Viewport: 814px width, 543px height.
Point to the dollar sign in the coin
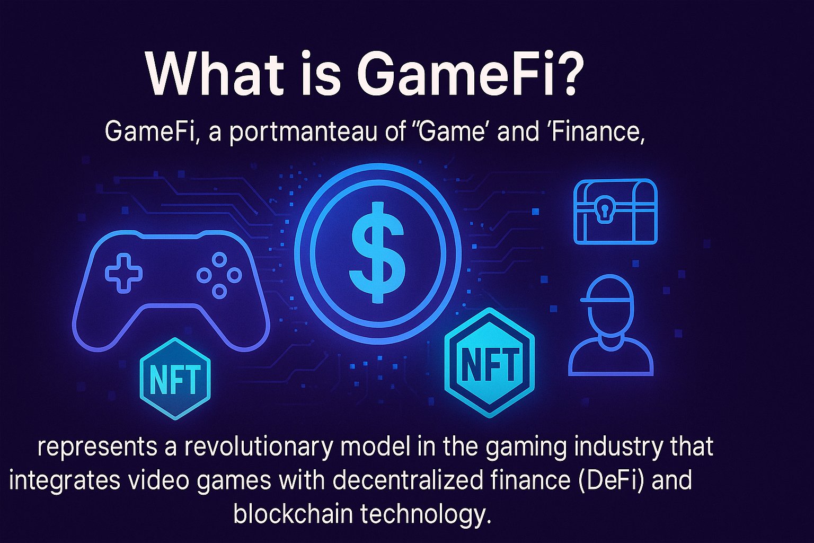pos(377,252)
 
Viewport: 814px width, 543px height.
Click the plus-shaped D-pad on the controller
pos(124,274)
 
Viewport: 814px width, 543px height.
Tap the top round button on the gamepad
pos(219,260)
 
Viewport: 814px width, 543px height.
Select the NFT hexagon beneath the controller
pos(175,379)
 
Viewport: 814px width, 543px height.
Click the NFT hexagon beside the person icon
pos(490,363)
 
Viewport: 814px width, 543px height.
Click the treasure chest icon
pos(615,212)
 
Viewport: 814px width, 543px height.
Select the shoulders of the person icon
pos(611,357)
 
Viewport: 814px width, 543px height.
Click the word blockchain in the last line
pos(293,514)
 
